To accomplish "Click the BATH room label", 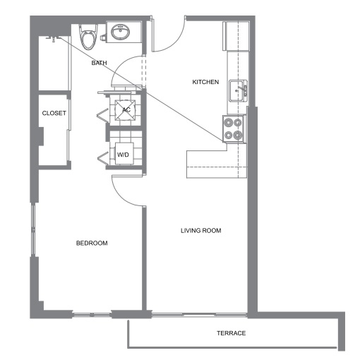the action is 99,63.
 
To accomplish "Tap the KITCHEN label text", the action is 205,82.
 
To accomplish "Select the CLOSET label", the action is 54,113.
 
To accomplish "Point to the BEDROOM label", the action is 92,243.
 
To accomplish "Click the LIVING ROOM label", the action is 201,231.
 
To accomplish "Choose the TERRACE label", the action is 232,333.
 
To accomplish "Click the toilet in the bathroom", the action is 88,37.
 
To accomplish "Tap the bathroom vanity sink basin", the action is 120,32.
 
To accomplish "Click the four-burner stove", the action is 234,128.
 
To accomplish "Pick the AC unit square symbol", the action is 125,110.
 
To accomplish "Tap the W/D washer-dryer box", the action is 124,154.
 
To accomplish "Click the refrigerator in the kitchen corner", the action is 236,36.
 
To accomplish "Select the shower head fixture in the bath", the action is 53,39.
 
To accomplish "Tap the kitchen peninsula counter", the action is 217,164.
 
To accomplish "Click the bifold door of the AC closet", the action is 103,115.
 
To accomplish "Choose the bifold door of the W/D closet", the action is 103,157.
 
